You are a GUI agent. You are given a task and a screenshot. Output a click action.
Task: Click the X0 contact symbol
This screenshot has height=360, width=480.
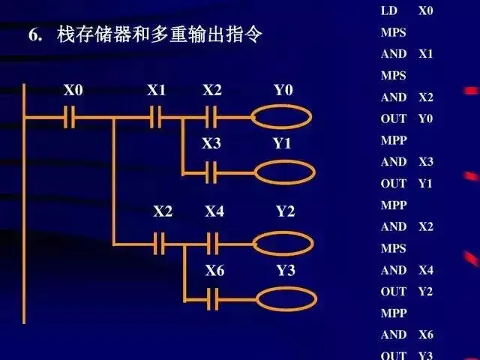(70, 117)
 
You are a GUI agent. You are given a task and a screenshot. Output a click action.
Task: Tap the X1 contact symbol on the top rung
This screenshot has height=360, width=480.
(156, 117)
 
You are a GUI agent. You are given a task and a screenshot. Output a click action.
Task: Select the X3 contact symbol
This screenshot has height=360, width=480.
(211, 172)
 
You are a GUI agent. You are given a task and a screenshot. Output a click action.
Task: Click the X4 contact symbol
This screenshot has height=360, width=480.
(213, 242)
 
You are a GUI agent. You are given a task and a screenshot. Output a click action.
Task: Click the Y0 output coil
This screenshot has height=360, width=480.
(282, 117)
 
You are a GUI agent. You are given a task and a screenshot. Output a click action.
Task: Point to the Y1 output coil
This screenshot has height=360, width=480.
(283, 172)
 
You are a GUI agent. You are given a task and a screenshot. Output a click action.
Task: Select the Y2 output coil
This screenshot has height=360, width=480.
(283, 242)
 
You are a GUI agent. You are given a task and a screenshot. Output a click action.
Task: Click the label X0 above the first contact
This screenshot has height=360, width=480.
(73, 91)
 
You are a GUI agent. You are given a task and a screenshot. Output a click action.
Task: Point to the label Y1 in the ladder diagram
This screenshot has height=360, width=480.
(282, 143)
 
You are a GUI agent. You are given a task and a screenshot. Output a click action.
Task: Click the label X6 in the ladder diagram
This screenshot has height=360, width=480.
(214, 271)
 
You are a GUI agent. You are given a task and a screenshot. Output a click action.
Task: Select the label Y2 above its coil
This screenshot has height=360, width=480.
(285, 211)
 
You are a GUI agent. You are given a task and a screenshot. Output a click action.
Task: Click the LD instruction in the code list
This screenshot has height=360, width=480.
(388, 11)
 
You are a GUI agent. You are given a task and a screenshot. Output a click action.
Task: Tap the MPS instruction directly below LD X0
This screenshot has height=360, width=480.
(393, 33)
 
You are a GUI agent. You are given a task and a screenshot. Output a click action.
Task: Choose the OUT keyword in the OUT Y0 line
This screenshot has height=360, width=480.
(393, 118)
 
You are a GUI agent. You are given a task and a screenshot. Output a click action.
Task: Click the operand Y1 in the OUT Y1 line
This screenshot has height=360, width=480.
(425, 183)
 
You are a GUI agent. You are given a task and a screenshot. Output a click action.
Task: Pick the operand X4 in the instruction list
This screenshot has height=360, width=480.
(425, 270)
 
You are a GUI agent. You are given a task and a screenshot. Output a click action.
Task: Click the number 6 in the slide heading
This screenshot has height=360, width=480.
(34, 35)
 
